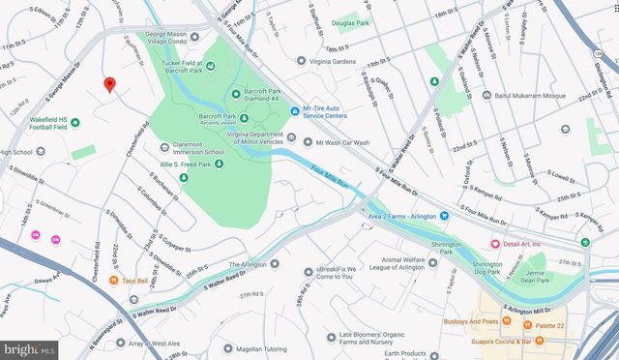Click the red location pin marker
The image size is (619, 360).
[x=110, y=84]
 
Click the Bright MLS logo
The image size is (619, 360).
[x=29, y=348]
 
